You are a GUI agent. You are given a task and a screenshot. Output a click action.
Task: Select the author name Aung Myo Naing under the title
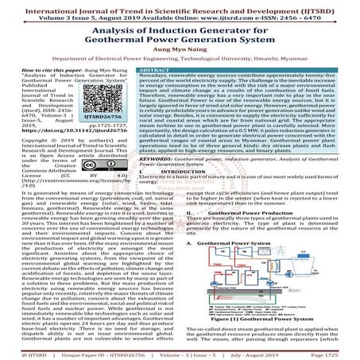(x=180, y=46)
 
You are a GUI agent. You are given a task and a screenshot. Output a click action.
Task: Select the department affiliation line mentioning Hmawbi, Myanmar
(x=180, y=59)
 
